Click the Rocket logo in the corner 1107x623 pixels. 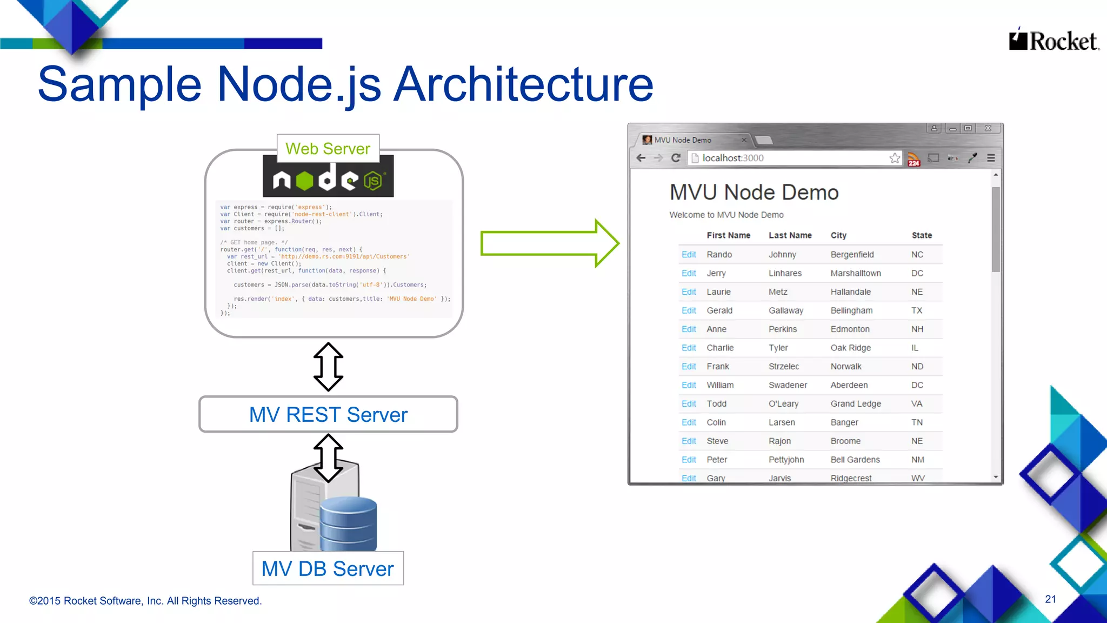[x=1053, y=41]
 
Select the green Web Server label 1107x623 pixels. [x=328, y=149]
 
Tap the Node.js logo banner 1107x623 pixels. [x=328, y=179]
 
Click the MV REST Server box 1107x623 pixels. [x=328, y=414]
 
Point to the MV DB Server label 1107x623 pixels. [x=328, y=568]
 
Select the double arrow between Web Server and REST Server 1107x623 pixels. [x=328, y=367]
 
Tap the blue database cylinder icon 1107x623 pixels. [x=348, y=523]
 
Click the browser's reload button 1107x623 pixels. [x=676, y=158]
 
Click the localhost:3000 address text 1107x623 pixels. [x=732, y=158]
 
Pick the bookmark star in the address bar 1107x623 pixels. [x=895, y=158]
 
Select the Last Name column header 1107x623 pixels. [x=790, y=235]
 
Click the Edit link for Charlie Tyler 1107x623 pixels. [x=689, y=348]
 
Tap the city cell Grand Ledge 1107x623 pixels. [x=855, y=403]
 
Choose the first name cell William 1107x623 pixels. [x=720, y=385]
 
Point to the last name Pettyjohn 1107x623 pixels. [x=786, y=460]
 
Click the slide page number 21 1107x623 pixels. [x=1050, y=599]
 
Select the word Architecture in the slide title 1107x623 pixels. [x=523, y=84]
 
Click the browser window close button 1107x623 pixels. [x=988, y=129]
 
